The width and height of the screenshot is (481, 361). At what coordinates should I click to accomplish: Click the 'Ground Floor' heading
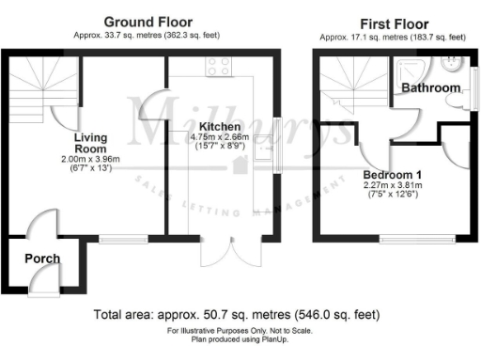pos(148,22)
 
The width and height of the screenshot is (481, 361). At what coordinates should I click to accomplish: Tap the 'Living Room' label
pos(91,142)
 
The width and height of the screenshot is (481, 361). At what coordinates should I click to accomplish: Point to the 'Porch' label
pos(42,259)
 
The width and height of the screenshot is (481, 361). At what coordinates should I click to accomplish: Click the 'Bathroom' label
pos(431,88)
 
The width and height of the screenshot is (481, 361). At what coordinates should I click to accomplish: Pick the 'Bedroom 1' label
pos(393,173)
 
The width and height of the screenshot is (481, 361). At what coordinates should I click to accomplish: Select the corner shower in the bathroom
pos(409,68)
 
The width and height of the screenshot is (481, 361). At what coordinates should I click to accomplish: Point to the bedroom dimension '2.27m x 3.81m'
pos(393,185)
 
